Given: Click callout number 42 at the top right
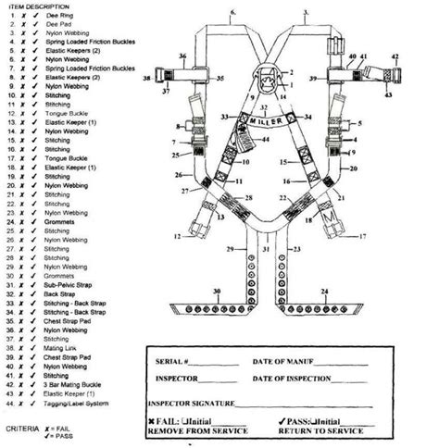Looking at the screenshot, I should (395, 57).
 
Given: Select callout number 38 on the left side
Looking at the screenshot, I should (172, 80).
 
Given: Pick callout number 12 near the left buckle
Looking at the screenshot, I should (176, 237).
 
